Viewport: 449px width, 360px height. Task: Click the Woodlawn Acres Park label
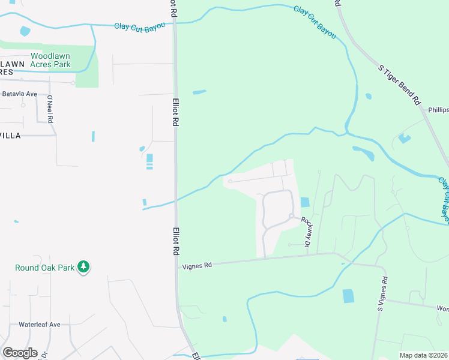pos(59,60)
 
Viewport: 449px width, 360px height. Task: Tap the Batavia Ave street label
pos(20,94)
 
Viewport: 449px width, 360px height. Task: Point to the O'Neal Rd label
pos(50,109)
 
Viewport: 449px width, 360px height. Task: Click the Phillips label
pos(438,110)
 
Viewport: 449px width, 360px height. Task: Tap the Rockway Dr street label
pos(307,232)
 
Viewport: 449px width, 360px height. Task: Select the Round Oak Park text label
pos(45,268)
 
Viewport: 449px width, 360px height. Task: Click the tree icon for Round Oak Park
pos(84,267)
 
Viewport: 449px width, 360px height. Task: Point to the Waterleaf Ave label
pos(40,325)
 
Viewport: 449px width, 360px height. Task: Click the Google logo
pos(19,353)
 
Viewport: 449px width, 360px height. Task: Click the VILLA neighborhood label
pos(10,136)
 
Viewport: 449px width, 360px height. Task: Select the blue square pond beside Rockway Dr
pos(304,203)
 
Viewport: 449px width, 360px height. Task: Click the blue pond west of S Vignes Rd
pos(348,296)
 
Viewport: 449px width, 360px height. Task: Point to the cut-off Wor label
pos(442,308)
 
